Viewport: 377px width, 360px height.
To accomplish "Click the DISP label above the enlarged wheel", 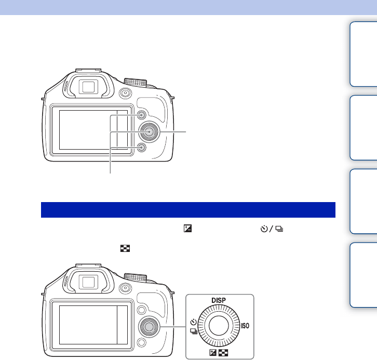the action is [219, 300].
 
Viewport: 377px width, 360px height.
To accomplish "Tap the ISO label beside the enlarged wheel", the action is [245, 326].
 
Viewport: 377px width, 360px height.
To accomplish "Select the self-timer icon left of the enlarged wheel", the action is [194, 322].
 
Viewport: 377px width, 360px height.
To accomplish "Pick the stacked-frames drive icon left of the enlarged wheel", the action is [194, 331].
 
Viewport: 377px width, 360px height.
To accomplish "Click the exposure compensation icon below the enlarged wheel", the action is [213, 353].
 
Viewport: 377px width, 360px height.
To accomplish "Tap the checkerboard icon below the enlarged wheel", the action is [223, 353].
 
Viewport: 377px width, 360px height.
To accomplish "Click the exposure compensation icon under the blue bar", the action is [187, 229].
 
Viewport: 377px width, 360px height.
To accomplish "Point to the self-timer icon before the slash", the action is [264, 229].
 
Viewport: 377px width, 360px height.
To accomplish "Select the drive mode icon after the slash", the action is [279, 229].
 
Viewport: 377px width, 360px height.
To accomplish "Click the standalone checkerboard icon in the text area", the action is [125, 248].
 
